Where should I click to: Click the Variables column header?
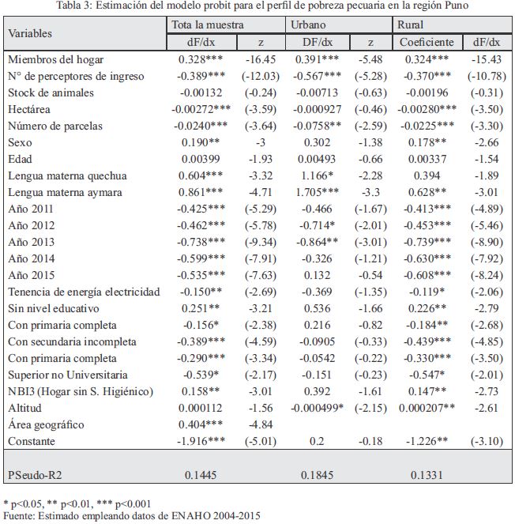click(30, 33)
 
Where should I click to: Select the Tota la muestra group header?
click(208, 25)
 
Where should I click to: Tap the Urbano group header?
click(308, 25)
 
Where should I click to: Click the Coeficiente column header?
click(427, 42)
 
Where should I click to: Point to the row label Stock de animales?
click(51, 92)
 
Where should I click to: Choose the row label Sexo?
click(20, 142)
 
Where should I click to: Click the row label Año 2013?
click(31, 242)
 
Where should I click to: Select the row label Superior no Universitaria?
click(68, 375)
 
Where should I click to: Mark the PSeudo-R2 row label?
click(35, 475)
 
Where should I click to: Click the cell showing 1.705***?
click(317, 192)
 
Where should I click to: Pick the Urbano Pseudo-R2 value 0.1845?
click(317, 475)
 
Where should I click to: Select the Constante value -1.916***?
click(201, 441)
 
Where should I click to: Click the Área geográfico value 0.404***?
click(201, 424)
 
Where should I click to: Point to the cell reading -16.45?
click(261, 59)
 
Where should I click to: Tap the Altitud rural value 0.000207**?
click(427, 408)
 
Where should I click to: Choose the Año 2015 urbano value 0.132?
click(317, 275)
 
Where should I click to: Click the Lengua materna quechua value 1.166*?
click(317, 175)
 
